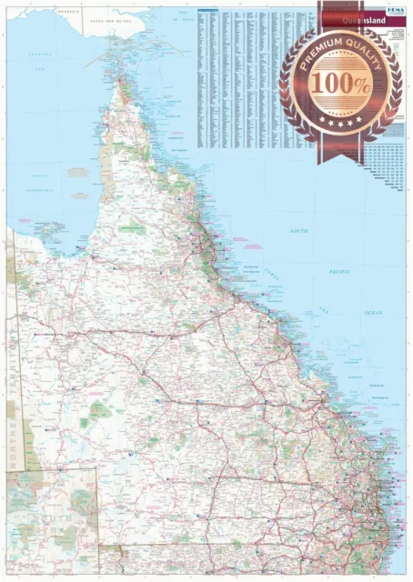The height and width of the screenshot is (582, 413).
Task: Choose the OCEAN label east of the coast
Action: [x=373, y=312]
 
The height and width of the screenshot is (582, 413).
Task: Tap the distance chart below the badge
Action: [x=387, y=164]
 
